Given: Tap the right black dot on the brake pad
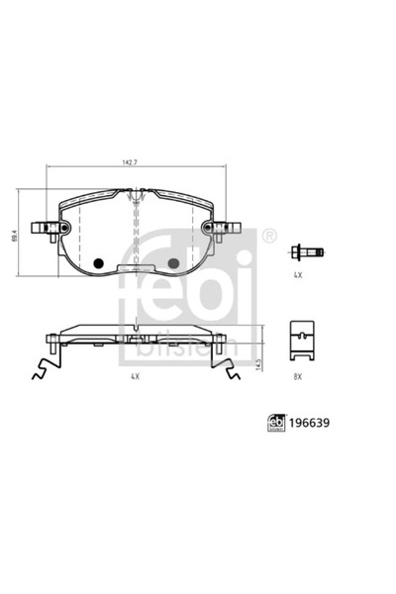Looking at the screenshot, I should point(174,263).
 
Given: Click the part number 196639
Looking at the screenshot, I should point(311,421).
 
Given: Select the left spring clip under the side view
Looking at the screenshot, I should point(45,370).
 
